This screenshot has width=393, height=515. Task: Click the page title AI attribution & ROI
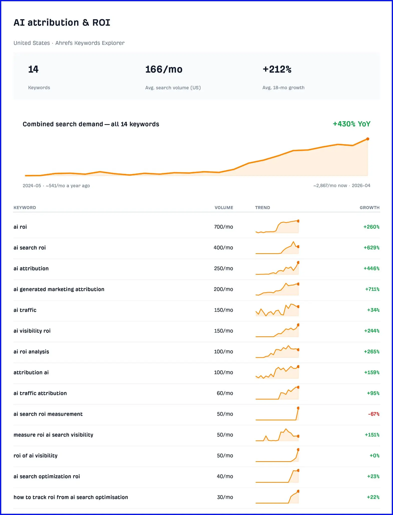[x=62, y=23]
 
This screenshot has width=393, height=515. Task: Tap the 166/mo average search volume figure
[x=164, y=69]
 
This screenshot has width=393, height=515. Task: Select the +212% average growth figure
[x=277, y=69]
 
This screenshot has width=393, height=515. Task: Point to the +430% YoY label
[x=351, y=124]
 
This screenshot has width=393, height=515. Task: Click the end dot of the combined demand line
[x=368, y=139]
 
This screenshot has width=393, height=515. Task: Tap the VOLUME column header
[x=224, y=207]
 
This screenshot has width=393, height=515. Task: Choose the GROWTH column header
[x=369, y=207]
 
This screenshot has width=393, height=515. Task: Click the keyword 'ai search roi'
[x=30, y=247]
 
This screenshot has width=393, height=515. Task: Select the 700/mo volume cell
[x=224, y=227]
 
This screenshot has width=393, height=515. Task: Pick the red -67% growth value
[x=374, y=414]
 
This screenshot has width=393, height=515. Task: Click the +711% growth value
[x=372, y=289]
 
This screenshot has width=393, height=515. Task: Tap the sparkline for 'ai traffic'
[x=277, y=310]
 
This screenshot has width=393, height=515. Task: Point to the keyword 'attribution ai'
[x=31, y=372]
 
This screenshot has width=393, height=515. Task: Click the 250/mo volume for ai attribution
[x=224, y=268]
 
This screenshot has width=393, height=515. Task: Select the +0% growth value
[x=374, y=455]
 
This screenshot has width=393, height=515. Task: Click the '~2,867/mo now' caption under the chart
[x=330, y=185]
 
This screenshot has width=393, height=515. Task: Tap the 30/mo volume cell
[x=225, y=497]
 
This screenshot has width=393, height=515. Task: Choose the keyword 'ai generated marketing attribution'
[x=59, y=289]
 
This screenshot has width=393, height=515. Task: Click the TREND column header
[x=263, y=207]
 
